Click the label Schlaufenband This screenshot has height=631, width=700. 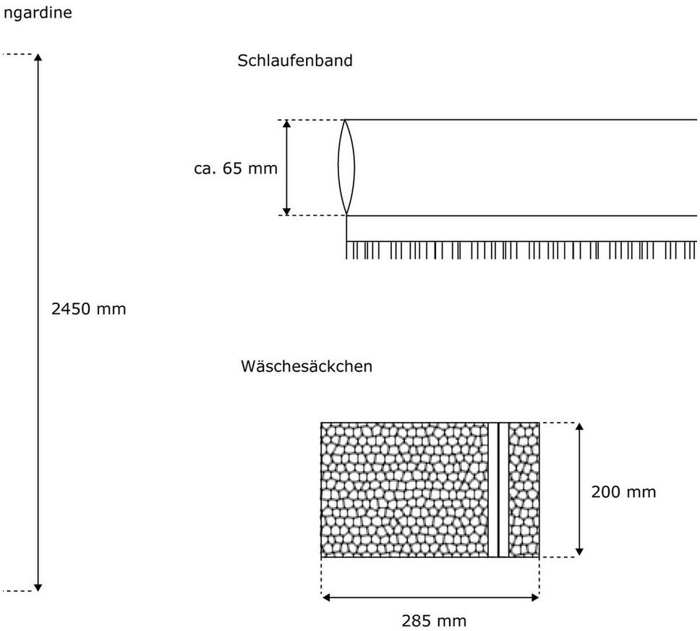coord(295,61)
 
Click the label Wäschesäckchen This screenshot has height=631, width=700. coord(306,366)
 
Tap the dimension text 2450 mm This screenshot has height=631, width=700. coord(89,309)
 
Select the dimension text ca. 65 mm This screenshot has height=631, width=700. coord(236,169)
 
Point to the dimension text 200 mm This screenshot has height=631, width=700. coord(623,492)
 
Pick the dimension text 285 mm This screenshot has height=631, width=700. coord(434,620)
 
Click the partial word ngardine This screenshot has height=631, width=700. coord(37,13)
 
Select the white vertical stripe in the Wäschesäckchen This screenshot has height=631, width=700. coord(498,490)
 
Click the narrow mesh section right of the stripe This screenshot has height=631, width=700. coord(524,490)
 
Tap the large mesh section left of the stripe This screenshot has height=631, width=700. coord(405,490)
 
